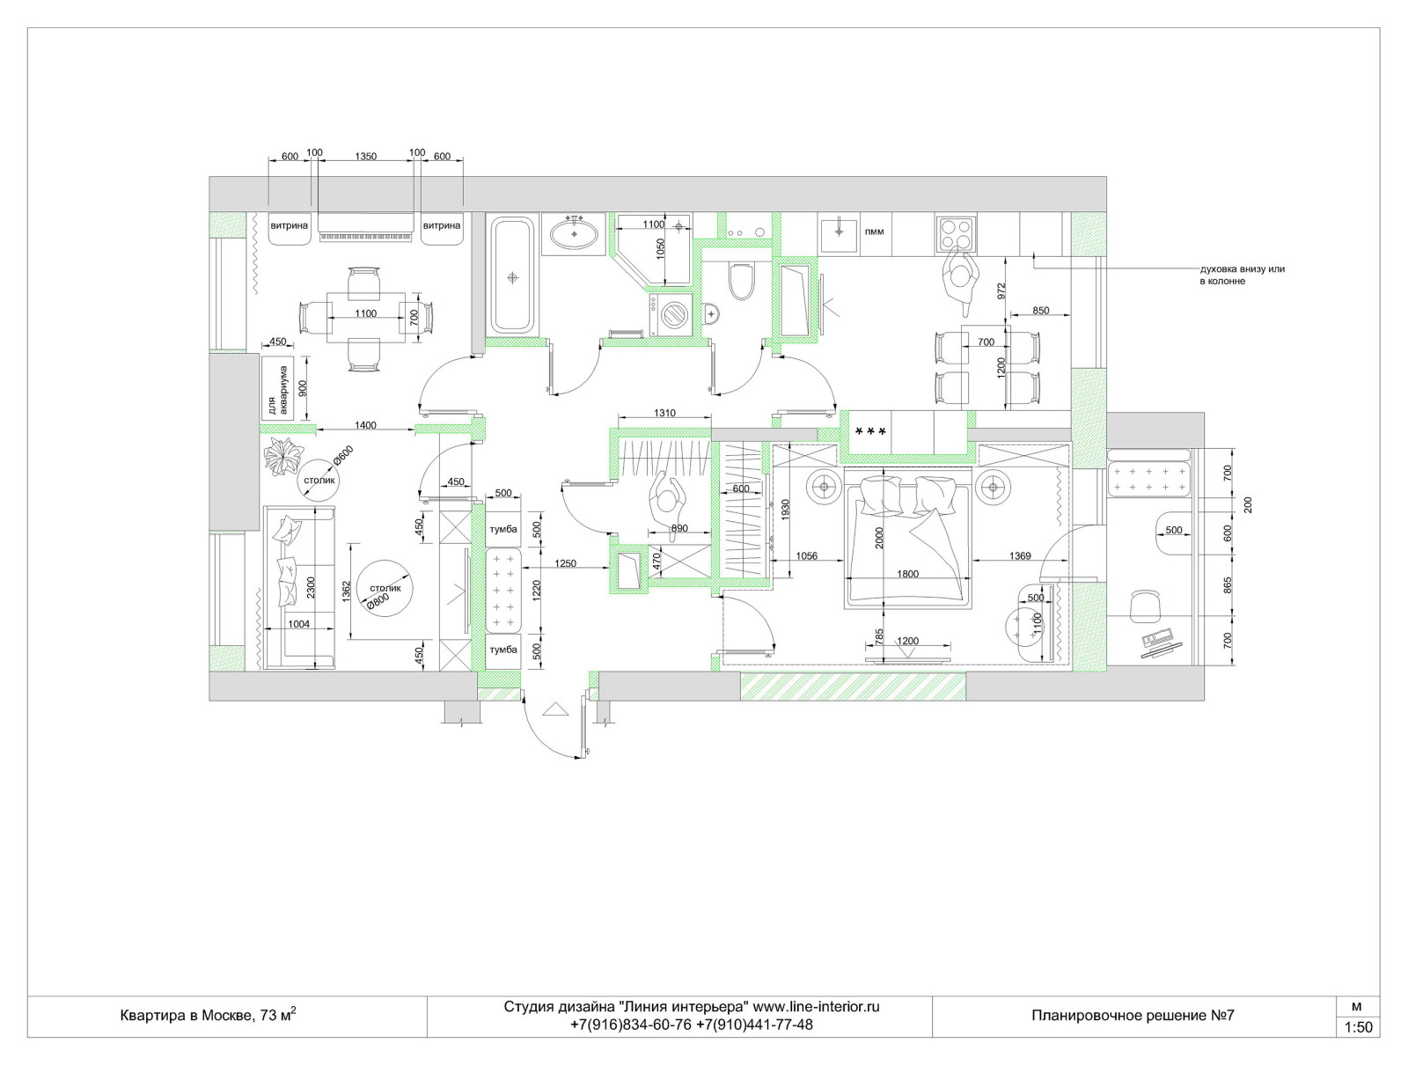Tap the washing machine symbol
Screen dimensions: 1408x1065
tap(671, 314)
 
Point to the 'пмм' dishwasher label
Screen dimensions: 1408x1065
tap(875, 231)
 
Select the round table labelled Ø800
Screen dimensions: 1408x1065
tap(385, 588)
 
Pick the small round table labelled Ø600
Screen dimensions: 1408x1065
tap(319, 480)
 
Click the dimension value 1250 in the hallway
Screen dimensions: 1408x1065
tap(565, 563)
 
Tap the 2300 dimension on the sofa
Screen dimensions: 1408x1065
tap(311, 589)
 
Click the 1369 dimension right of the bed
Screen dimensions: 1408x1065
tap(1019, 555)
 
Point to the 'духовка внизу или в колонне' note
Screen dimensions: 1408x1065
tap(1242, 275)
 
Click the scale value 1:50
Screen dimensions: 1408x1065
tap(1358, 1027)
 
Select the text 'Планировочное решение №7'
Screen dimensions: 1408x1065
tap(1133, 1016)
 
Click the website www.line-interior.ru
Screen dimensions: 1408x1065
tap(815, 1007)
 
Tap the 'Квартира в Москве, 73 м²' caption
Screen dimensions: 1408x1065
tap(208, 1015)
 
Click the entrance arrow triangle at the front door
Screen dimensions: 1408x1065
tap(555, 709)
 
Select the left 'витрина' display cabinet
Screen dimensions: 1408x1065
tap(290, 228)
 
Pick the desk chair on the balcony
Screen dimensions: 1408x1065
tap(1145, 606)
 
